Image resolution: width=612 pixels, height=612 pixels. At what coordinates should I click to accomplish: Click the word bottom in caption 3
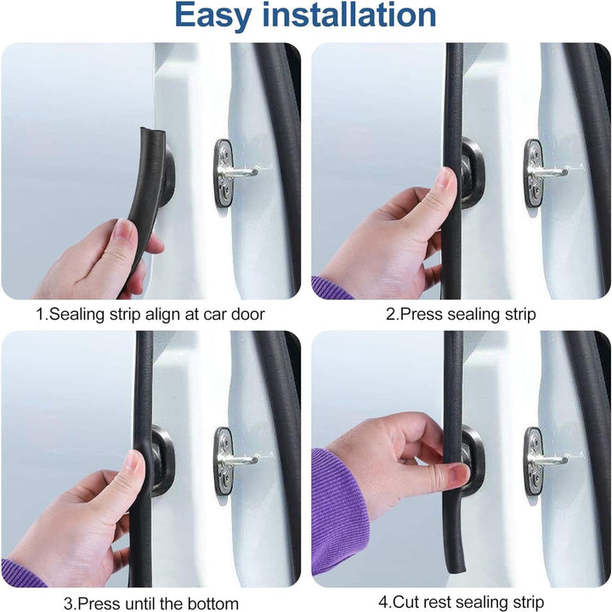pyautogui.click(x=212, y=603)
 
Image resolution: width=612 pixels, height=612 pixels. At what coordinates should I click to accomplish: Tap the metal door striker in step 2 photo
pyautogui.click(x=541, y=173)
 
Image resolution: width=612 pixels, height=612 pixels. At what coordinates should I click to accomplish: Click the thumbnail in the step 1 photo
pyautogui.click(x=124, y=229)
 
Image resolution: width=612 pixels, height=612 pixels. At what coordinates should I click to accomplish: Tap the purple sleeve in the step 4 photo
pyautogui.click(x=337, y=510)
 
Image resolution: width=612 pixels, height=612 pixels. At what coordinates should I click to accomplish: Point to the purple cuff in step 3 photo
pyautogui.click(x=21, y=574)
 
